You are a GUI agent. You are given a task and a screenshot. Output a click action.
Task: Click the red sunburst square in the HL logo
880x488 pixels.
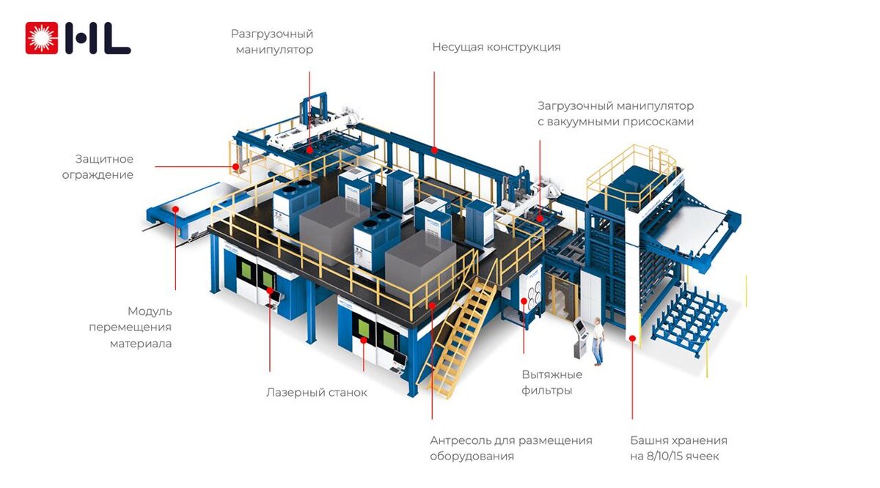pos(41,38)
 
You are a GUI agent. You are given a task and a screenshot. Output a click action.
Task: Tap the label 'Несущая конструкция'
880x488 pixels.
pos(496,47)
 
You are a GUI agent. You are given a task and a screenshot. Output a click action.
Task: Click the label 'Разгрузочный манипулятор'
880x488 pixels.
pos(272,42)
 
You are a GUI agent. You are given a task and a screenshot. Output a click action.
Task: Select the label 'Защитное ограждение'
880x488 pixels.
pos(104,167)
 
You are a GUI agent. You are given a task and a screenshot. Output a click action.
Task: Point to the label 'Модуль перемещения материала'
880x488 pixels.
pos(131,327)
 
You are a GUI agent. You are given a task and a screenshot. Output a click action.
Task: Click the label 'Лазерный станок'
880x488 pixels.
pos(316,393)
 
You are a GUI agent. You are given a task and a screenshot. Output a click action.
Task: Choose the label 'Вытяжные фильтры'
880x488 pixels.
pos(551,382)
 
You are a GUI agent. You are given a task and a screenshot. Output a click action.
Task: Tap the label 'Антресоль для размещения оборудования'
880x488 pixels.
pos(510,448)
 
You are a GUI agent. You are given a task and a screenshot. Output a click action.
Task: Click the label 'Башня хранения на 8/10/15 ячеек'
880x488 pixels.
pos(678,448)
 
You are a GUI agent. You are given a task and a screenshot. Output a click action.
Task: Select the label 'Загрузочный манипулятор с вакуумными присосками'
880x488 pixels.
pos(615,114)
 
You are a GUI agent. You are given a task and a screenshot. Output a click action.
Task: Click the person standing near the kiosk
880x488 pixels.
pos(598,341)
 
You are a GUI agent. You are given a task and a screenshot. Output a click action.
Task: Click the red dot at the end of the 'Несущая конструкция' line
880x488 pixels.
pos(434,150)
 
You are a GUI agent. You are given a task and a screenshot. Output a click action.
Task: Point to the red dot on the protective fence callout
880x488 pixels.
pos(235,167)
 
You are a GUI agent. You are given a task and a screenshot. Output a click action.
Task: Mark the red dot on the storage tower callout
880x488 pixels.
pos(632,337)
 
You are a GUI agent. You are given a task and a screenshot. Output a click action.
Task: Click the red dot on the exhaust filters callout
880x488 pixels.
pos(523,300)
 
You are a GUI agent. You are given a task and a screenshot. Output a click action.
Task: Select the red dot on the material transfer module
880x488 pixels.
pos(176,209)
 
